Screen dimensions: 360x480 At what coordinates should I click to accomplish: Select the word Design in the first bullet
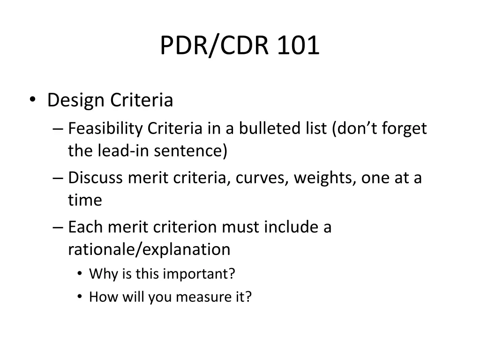point(76,100)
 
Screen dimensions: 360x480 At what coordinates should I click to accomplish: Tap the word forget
point(405,128)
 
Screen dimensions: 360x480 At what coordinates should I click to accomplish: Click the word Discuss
point(95,178)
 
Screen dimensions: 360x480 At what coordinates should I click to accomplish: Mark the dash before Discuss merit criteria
point(58,179)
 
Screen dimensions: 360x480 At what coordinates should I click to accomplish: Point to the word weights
point(324,178)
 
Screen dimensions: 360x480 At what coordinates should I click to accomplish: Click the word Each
point(85,227)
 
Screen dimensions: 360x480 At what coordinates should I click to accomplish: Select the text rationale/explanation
point(149,249)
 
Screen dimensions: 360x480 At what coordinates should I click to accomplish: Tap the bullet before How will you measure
point(80,297)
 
